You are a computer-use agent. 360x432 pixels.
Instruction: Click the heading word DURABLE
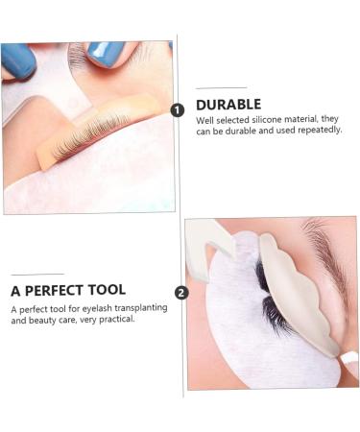point(228,105)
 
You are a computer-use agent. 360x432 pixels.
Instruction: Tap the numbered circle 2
point(182,293)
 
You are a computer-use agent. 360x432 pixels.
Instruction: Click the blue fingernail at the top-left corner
point(17,60)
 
